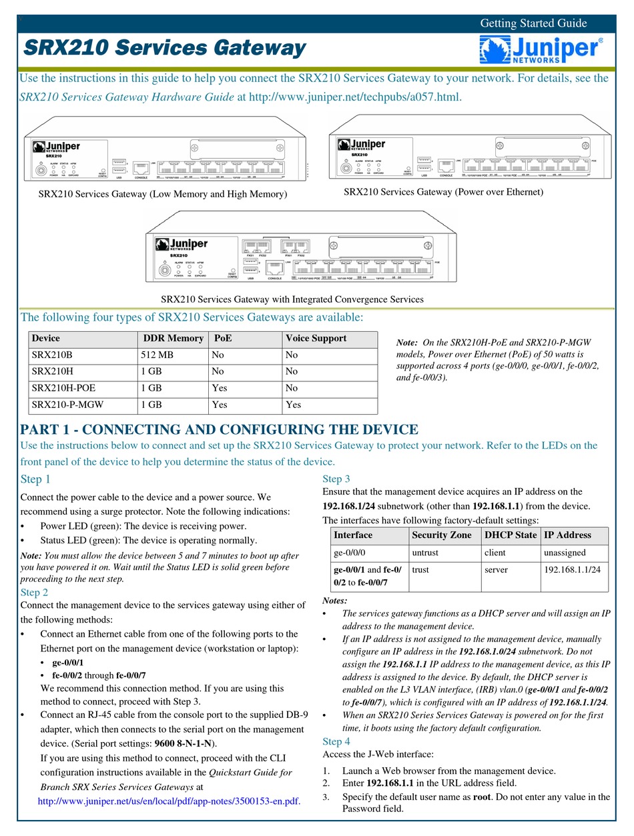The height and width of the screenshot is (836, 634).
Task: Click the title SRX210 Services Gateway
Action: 165,48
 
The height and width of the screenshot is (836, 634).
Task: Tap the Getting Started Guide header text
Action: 533,23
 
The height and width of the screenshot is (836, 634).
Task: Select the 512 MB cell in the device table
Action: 157,355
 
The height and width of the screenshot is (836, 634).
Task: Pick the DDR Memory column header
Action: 174,338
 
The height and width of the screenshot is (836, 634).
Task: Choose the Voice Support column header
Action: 316,338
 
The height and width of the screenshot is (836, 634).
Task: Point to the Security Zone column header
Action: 441,535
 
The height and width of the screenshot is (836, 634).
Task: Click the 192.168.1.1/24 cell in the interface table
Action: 572,570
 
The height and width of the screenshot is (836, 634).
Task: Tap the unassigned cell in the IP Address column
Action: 565,553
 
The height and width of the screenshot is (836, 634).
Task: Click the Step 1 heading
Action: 35,479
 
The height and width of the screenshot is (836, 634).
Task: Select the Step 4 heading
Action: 336,741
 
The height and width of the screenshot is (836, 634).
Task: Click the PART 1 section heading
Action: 220,429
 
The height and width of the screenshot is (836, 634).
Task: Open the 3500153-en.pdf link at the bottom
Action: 170,801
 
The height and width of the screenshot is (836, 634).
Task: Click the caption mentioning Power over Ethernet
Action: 443,192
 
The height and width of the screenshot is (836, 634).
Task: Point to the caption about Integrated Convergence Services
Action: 292,299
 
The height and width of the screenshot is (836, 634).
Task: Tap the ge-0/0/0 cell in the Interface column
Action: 350,553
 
